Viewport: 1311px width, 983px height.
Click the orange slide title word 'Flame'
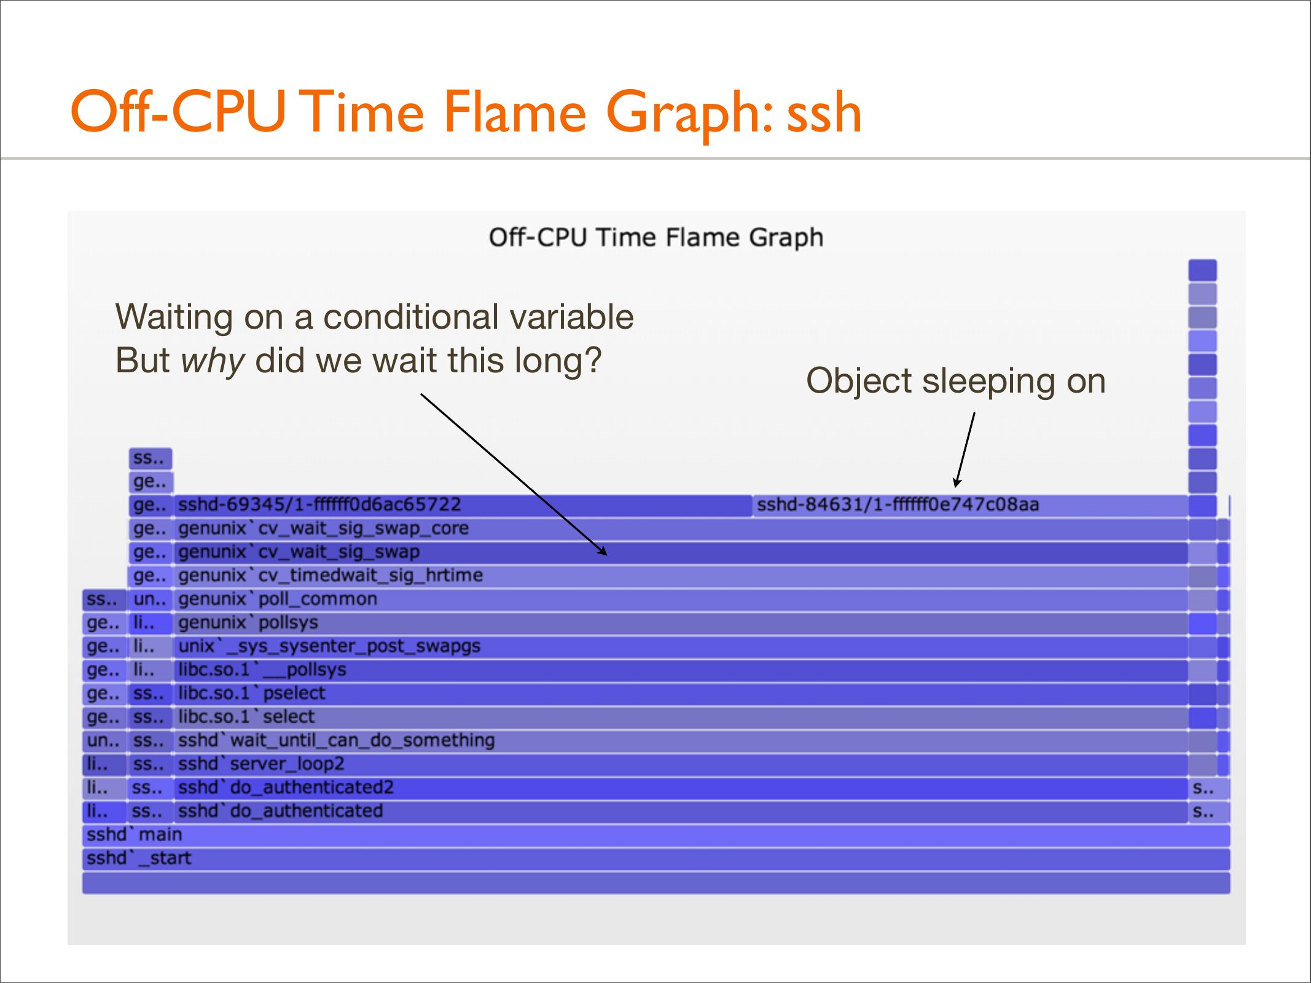514,112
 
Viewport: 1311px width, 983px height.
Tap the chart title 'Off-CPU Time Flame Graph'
656,238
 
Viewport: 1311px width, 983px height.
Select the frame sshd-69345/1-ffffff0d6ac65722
463,505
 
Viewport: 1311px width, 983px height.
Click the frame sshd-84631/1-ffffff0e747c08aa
969,505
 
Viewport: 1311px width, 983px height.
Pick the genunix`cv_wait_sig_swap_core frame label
323,528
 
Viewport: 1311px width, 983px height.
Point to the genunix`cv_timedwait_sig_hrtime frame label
331,576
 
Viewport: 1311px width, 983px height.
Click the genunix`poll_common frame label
278,599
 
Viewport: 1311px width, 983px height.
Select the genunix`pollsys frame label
248,623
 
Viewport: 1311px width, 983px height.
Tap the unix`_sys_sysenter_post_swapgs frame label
329,646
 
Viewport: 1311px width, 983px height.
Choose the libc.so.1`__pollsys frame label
262,670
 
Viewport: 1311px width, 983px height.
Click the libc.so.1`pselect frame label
252,694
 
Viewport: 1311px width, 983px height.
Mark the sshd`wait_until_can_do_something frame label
336,740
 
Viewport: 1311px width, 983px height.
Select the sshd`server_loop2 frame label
261,764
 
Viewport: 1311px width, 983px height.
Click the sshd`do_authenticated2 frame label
286,788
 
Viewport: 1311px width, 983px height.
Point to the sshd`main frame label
135,834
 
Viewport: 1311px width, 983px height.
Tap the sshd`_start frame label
139,858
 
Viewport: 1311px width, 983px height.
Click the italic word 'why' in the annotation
213,361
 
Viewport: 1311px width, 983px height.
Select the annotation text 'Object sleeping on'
956,381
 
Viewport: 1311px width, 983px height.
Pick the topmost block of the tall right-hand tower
1202,270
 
